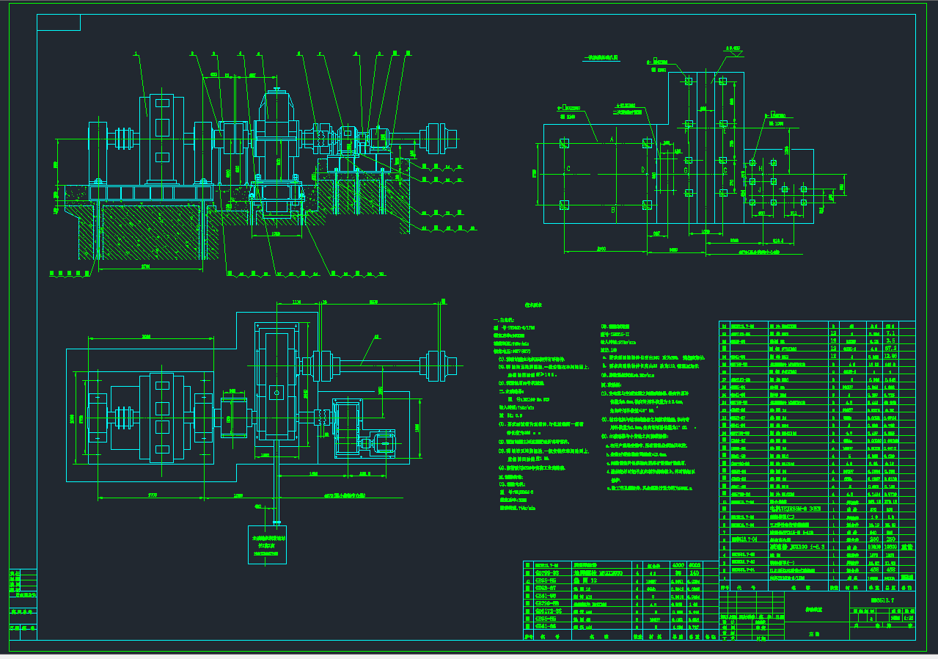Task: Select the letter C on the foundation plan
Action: (x=568, y=169)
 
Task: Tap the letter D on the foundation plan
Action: (x=643, y=171)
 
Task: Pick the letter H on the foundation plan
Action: (x=761, y=169)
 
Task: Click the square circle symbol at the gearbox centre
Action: (x=277, y=392)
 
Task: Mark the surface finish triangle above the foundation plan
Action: (x=733, y=54)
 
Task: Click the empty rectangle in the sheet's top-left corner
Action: (x=59, y=23)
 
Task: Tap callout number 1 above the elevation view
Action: (x=135, y=54)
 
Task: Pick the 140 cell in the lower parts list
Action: (x=694, y=572)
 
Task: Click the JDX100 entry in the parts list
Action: (x=800, y=547)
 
